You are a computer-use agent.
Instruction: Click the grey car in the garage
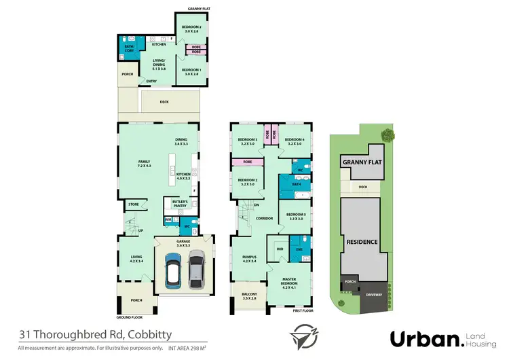point(196,266)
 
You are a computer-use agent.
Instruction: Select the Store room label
point(133,204)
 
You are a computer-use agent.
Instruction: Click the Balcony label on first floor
point(249,296)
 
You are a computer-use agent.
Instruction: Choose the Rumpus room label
point(249,258)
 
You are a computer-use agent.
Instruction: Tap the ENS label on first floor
point(300,249)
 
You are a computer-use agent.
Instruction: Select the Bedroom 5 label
point(295,217)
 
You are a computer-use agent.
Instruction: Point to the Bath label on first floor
point(296,184)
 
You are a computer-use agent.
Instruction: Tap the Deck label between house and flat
point(164,103)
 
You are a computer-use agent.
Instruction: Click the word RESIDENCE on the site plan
point(362,241)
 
